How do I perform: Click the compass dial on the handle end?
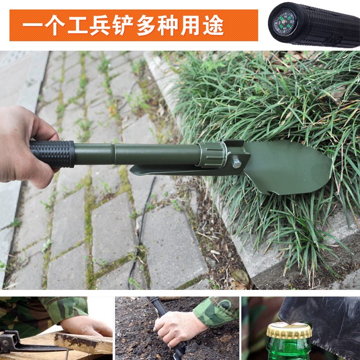click(283, 22)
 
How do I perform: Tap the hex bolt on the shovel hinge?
click(237, 164)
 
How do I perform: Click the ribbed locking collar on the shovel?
click(212, 155)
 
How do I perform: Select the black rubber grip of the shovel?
click(52, 153)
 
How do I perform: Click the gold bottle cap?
click(289, 330)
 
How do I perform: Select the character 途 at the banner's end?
click(213, 25)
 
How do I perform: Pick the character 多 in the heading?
click(145, 25)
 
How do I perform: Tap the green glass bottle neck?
click(289, 349)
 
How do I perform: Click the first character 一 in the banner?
click(32, 25)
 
